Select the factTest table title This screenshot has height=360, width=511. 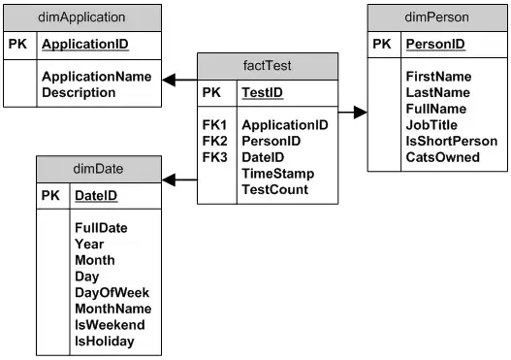(x=268, y=66)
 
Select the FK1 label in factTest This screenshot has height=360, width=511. (x=214, y=125)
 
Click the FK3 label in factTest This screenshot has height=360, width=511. (x=214, y=157)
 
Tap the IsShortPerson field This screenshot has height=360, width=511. (x=451, y=141)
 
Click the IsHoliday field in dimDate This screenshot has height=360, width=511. (x=104, y=342)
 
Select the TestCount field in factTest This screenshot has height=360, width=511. (x=274, y=189)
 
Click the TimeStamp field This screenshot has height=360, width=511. (x=276, y=173)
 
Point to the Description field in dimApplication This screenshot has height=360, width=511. (x=79, y=92)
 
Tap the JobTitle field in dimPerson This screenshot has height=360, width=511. (x=431, y=124)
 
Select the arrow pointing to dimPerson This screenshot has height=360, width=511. (x=361, y=113)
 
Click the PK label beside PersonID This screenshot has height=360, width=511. (x=380, y=45)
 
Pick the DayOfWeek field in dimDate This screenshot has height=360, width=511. (x=112, y=292)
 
